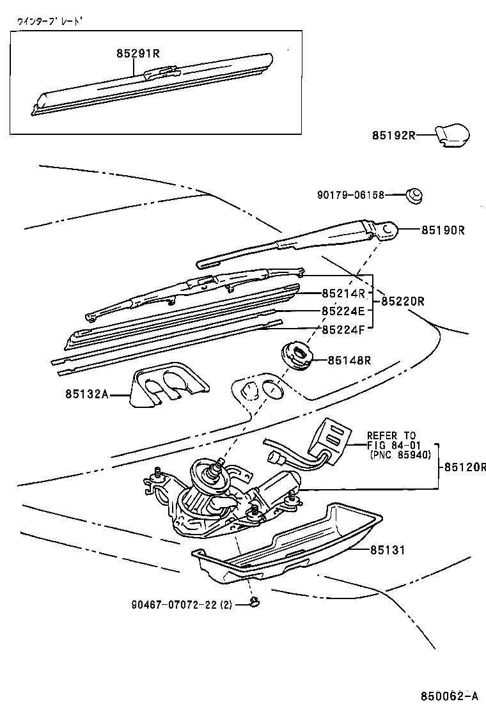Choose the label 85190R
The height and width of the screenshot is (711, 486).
(442, 230)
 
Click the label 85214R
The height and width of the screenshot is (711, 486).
(343, 293)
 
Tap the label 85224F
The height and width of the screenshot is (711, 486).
(343, 329)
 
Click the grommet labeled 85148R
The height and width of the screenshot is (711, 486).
(297, 355)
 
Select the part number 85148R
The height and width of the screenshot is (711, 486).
(349, 361)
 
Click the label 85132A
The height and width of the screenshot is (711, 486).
(86, 395)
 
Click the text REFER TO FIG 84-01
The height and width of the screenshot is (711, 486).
(391, 441)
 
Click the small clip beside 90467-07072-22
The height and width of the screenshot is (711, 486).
(256, 601)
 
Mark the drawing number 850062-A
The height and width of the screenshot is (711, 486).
(448, 696)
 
